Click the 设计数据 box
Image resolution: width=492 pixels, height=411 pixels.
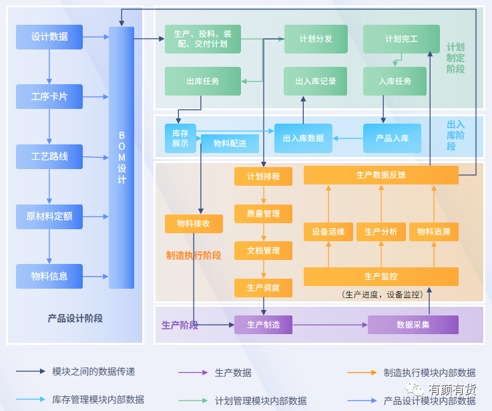click(x=49, y=37)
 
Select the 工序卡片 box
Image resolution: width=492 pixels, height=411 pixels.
click(x=49, y=97)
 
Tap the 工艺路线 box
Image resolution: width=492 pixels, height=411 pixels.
click(x=49, y=156)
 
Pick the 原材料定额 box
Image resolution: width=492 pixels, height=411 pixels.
click(x=49, y=217)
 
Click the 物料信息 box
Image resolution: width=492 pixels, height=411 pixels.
click(x=49, y=276)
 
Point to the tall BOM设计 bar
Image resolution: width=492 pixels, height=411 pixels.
click(x=121, y=157)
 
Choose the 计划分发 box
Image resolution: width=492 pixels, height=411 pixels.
click(x=316, y=39)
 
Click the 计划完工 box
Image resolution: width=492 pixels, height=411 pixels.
click(x=401, y=39)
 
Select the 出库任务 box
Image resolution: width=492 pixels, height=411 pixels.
click(x=203, y=81)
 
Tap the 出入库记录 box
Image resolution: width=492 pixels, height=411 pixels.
click(x=316, y=81)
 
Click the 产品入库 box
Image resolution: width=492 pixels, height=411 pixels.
click(x=392, y=138)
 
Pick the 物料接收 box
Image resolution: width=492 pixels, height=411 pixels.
click(x=194, y=224)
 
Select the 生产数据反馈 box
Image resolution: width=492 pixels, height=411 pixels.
click(x=381, y=175)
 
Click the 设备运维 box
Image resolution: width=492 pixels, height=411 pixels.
click(x=328, y=232)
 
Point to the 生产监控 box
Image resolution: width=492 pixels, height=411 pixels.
click(x=381, y=276)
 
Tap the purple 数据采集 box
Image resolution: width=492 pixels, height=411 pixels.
click(x=413, y=325)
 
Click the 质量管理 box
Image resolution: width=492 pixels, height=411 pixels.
click(x=263, y=214)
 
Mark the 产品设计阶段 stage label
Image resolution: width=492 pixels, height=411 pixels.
click(x=75, y=319)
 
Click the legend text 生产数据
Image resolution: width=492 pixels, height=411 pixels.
click(x=233, y=372)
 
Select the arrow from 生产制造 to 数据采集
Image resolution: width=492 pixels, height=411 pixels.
click(x=330, y=325)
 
